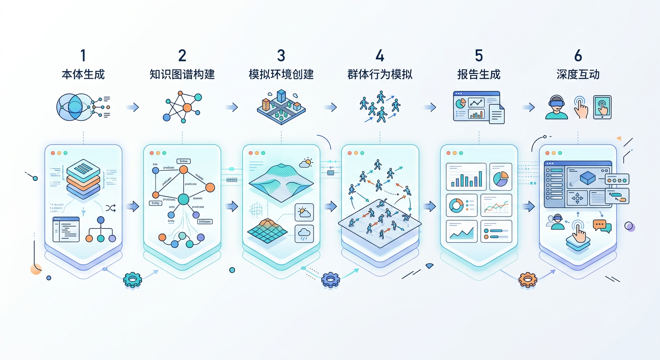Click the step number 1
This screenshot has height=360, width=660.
pos(83,55)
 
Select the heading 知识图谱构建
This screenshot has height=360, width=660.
pos(182,74)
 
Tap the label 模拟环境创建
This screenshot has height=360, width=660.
pos(281,74)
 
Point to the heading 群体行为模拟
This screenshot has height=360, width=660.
pos(380,74)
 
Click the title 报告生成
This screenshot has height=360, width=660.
pos(479,74)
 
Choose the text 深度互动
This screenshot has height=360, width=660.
pos(578,74)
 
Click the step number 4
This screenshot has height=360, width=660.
pos(380,55)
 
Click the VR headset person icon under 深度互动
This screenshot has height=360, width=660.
pos(556,108)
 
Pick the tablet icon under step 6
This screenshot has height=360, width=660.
pos(602,107)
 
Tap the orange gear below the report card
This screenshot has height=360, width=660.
pos(527,280)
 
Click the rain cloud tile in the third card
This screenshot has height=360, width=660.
pos(304,232)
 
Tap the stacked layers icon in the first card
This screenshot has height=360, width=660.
pos(83,179)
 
